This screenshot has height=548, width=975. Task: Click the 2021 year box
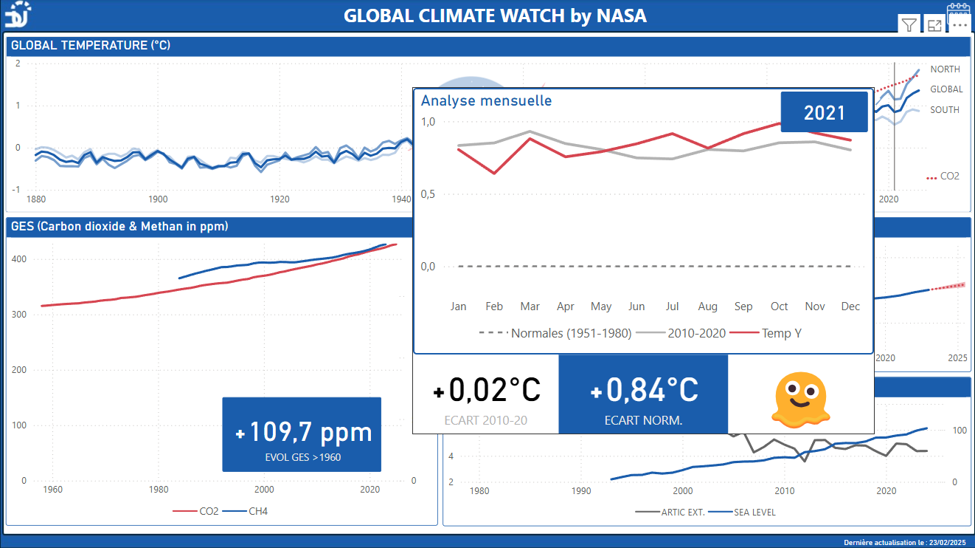point(825,112)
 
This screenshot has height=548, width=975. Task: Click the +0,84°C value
point(644,390)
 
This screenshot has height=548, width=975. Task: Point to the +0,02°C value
point(486,390)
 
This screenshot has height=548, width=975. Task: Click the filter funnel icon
point(909,26)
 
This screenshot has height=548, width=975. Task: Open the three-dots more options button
point(959,25)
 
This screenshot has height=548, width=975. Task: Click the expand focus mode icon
point(934,26)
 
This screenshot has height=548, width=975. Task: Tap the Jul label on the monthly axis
point(672,306)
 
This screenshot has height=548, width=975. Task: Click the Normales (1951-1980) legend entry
point(571,333)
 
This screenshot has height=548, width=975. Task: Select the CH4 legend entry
point(257,510)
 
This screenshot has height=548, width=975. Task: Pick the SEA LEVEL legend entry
point(754,512)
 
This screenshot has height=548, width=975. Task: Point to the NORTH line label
point(945,69)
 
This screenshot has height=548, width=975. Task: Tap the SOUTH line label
point(945,110)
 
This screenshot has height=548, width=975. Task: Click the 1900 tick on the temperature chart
point(158,199)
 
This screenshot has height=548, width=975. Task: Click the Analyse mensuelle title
point(486,100)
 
